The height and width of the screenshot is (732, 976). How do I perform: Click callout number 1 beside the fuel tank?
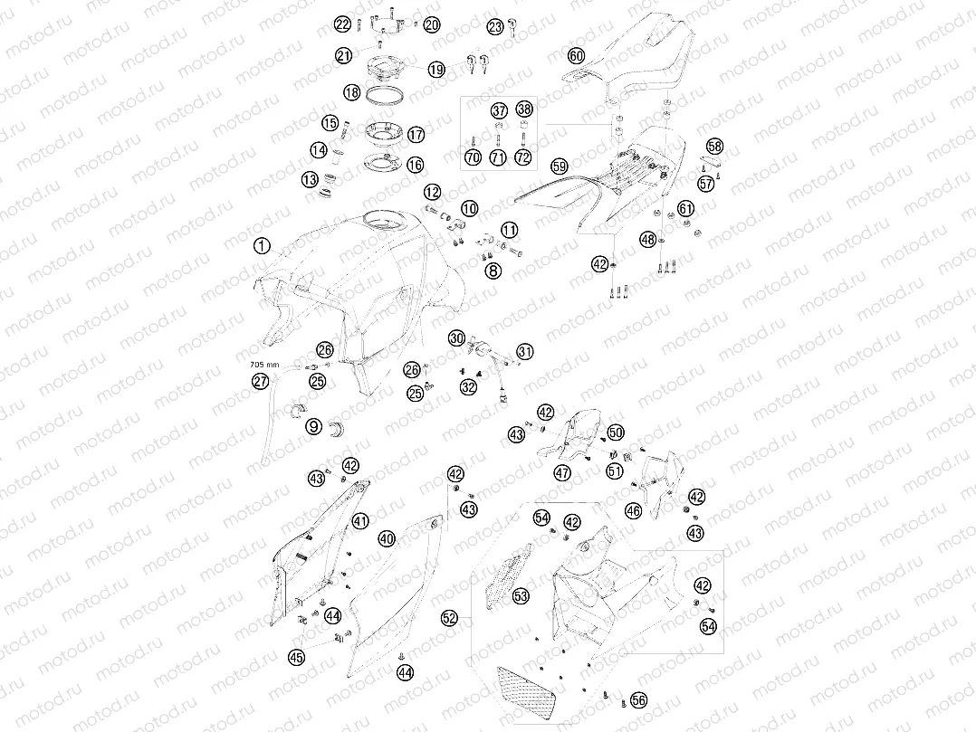[262, 246]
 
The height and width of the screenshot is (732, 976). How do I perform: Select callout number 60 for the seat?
[577, 56]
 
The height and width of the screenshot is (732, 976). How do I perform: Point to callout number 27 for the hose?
[260, 381]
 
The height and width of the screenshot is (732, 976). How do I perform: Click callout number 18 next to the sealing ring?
[351, 92]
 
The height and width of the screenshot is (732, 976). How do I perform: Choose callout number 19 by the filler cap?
[436, 69]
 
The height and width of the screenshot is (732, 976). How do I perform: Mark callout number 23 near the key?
[495, 27]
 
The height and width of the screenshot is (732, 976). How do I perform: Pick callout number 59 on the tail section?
[560, 166]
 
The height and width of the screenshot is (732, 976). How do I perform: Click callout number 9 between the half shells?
[313, 426]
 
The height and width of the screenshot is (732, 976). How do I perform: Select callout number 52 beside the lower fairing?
[449, 618]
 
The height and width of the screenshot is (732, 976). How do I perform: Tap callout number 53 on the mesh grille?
[521, 596]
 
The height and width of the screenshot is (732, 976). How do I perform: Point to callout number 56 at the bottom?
[638, 700]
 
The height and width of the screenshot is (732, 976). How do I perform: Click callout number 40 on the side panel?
[387, 538]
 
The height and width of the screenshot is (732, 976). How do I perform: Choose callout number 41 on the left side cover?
[360, 521]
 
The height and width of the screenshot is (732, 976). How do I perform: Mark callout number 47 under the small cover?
[563, 473]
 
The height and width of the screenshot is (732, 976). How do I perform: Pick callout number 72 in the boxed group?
[523, 157]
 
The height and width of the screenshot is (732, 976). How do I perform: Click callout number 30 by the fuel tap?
[457, 337]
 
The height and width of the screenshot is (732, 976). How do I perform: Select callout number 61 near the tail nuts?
[685, 208]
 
